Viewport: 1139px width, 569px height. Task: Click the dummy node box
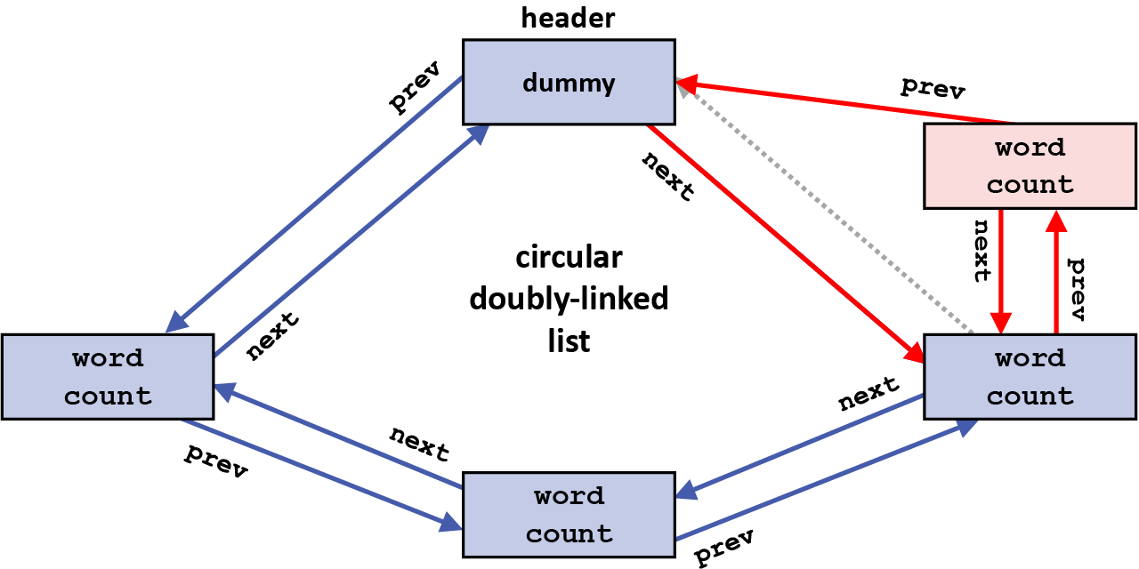pyautogui.click(x=569, y=83)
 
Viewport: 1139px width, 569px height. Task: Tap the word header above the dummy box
pyautogui.click(x=569, y=18)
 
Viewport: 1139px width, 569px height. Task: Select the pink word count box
pyautogui.click(x=1030, y=166)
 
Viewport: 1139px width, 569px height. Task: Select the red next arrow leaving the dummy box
pyautogui.click(x=783, y=241)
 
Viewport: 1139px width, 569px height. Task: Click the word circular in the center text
pyautogui.click(x=569, y=258)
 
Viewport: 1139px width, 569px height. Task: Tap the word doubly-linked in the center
pyautogui.click(x=569, y=300)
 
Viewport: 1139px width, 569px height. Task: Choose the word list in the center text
pyautogui.click(x=569, y=341)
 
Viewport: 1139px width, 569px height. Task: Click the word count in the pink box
pyautogui.click(x=1030, y=185)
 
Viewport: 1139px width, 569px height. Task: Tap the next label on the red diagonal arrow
pyautogui.click(x=667, y=175)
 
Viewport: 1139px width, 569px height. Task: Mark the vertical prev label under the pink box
pyautogui.click(x=1076, y=289)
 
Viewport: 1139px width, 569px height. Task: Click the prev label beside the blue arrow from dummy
pyautogui.click(x=416, y=87)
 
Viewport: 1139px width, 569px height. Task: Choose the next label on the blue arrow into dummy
pyautogui.click(x=272, y=335)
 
